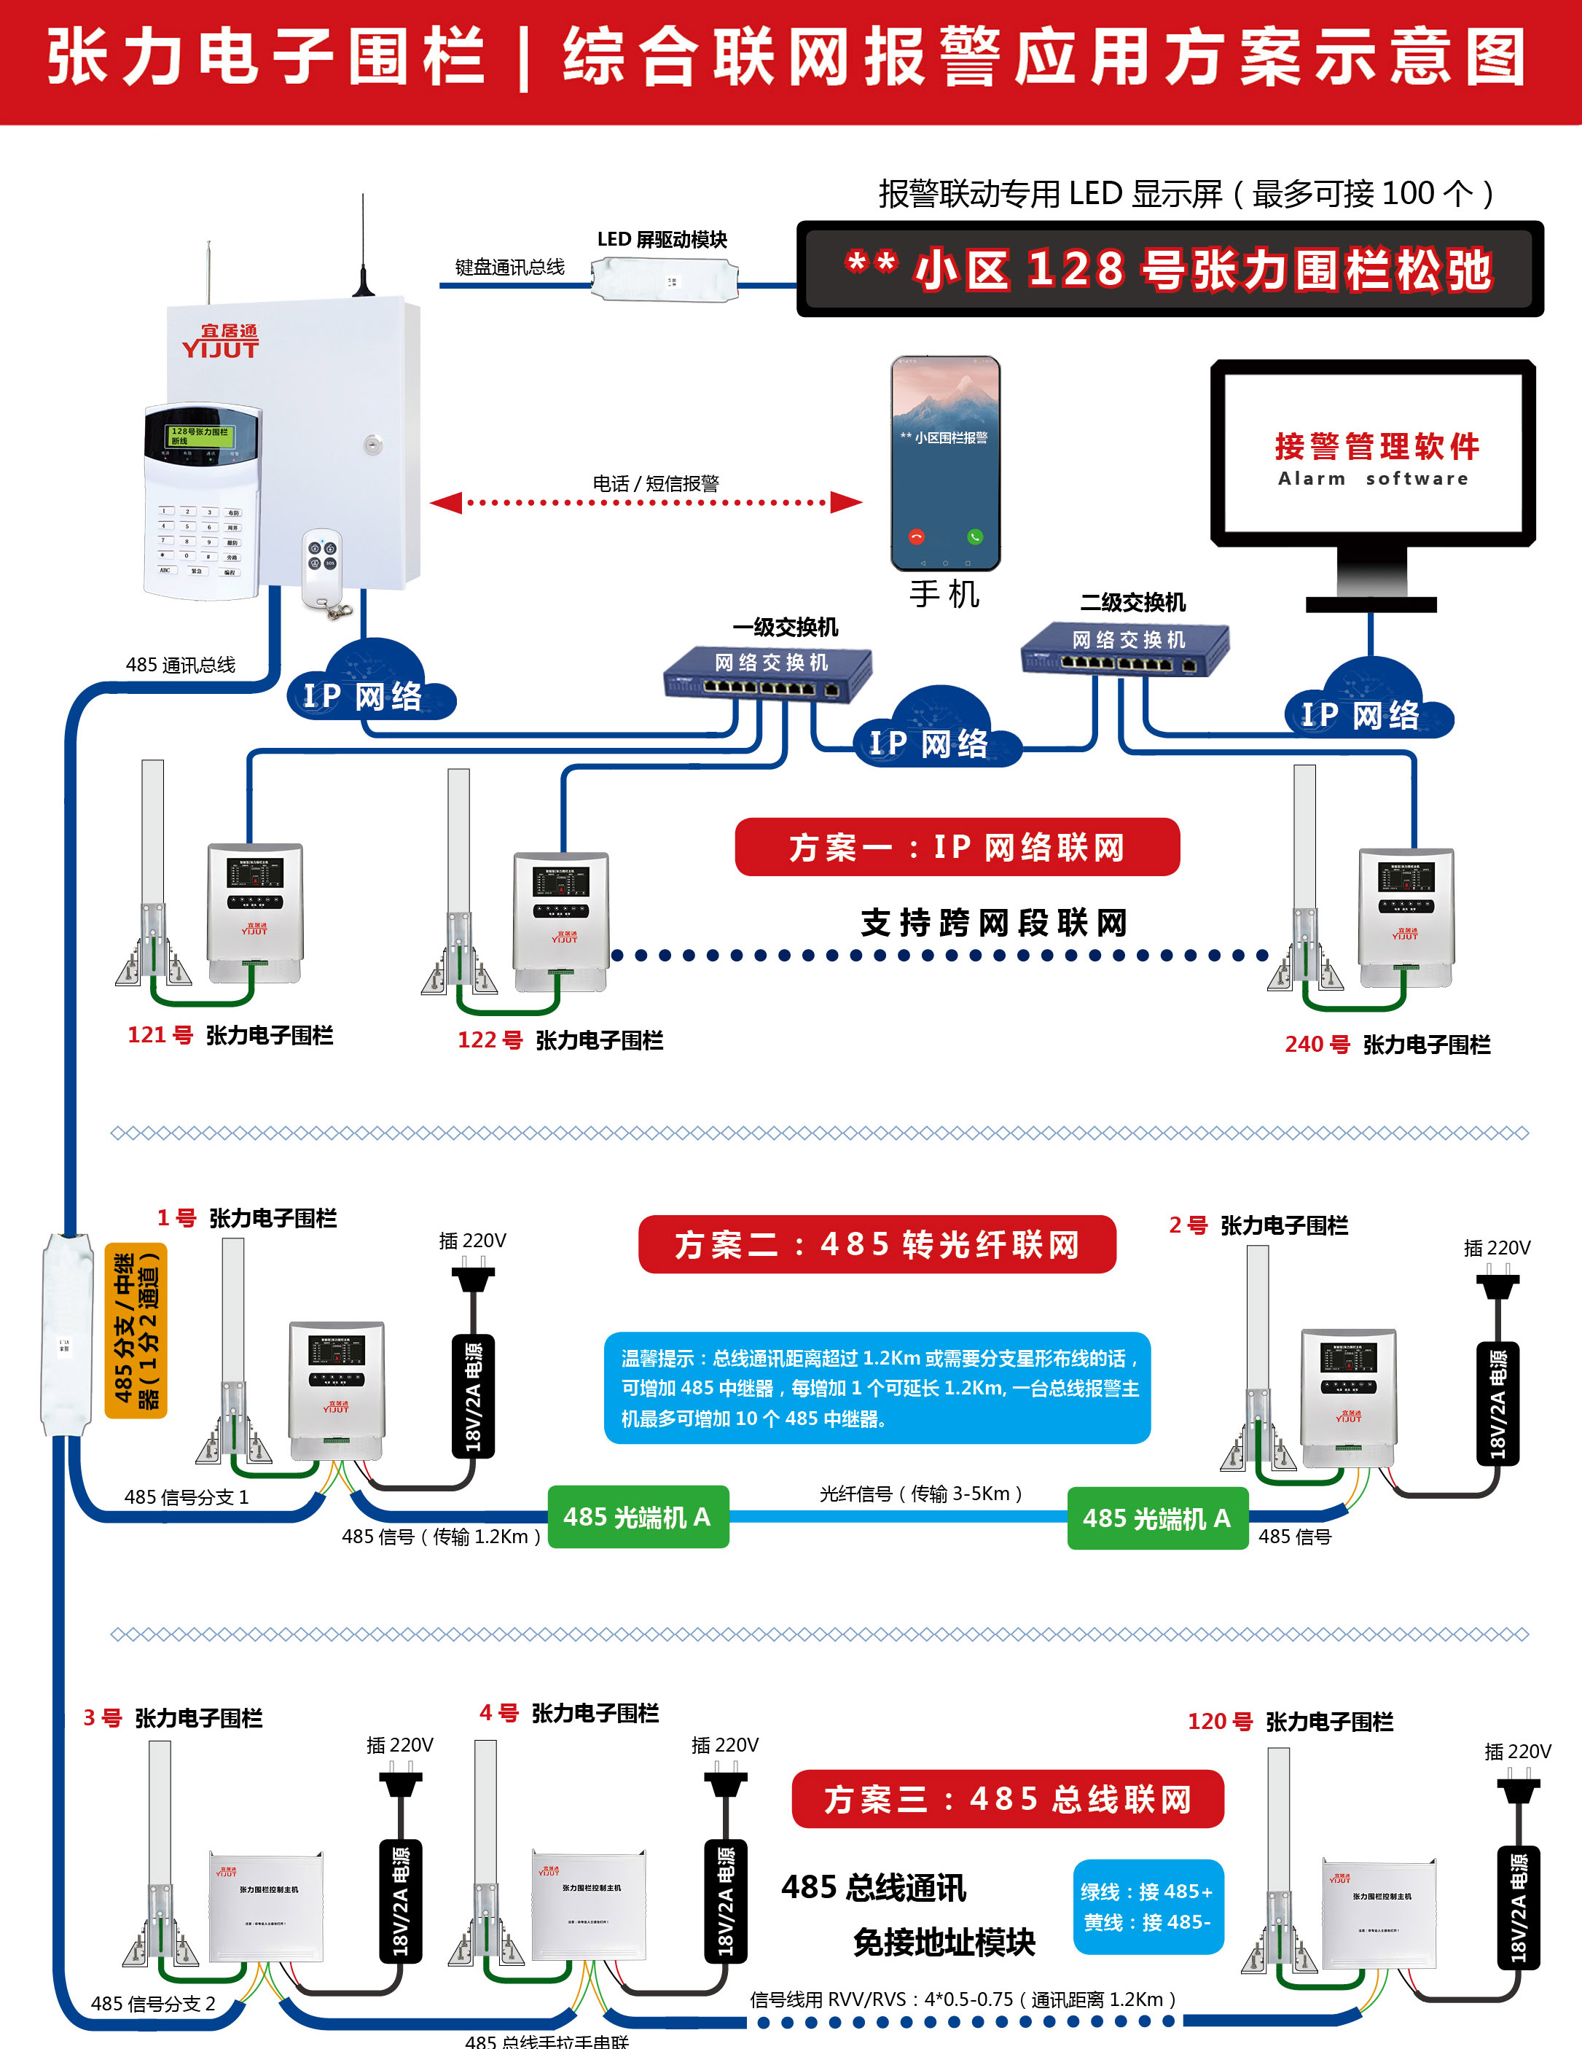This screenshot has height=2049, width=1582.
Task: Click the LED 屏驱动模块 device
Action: [664, 278]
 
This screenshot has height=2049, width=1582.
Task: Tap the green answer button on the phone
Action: [975, 536]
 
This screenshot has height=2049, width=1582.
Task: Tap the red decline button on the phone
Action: [916, 536]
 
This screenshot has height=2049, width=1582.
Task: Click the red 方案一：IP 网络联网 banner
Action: [957, 847]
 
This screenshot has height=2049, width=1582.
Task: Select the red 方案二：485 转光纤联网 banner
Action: [877, 1244]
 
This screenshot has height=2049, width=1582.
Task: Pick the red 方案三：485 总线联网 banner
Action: [1007, 1798]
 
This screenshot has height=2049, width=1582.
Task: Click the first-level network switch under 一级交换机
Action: [768, 674]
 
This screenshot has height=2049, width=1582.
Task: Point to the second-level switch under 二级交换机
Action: [1124, 650]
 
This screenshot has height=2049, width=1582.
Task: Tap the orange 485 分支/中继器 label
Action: [136, 1330]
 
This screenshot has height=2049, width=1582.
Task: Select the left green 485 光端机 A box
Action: [638, 1516]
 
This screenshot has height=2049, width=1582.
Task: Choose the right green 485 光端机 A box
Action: [1157, 1518]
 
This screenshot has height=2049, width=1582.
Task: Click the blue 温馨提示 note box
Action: [877, 1388]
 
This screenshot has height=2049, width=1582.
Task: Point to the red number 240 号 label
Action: [1317, 1045]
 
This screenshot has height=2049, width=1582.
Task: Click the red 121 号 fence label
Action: [160, 1035]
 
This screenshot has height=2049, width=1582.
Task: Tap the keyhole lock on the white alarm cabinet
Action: [373, 444]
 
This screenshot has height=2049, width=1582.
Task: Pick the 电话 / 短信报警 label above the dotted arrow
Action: [656, 483]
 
